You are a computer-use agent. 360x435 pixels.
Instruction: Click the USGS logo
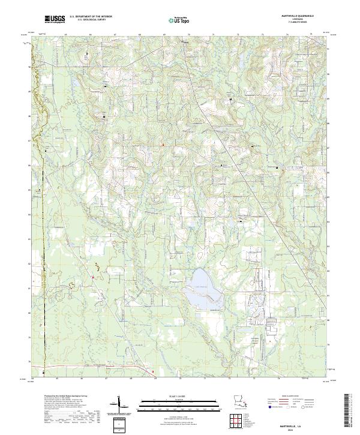pos(55,20)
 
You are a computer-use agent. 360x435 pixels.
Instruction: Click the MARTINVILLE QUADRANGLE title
pos(291,16)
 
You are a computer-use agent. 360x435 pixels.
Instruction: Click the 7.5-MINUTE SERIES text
pos(291,23)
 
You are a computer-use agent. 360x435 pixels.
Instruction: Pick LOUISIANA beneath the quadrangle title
pos(291,19)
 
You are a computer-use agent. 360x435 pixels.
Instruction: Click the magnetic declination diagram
pos(119,402)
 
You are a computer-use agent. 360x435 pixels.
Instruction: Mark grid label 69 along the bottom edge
pos(155,379)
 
